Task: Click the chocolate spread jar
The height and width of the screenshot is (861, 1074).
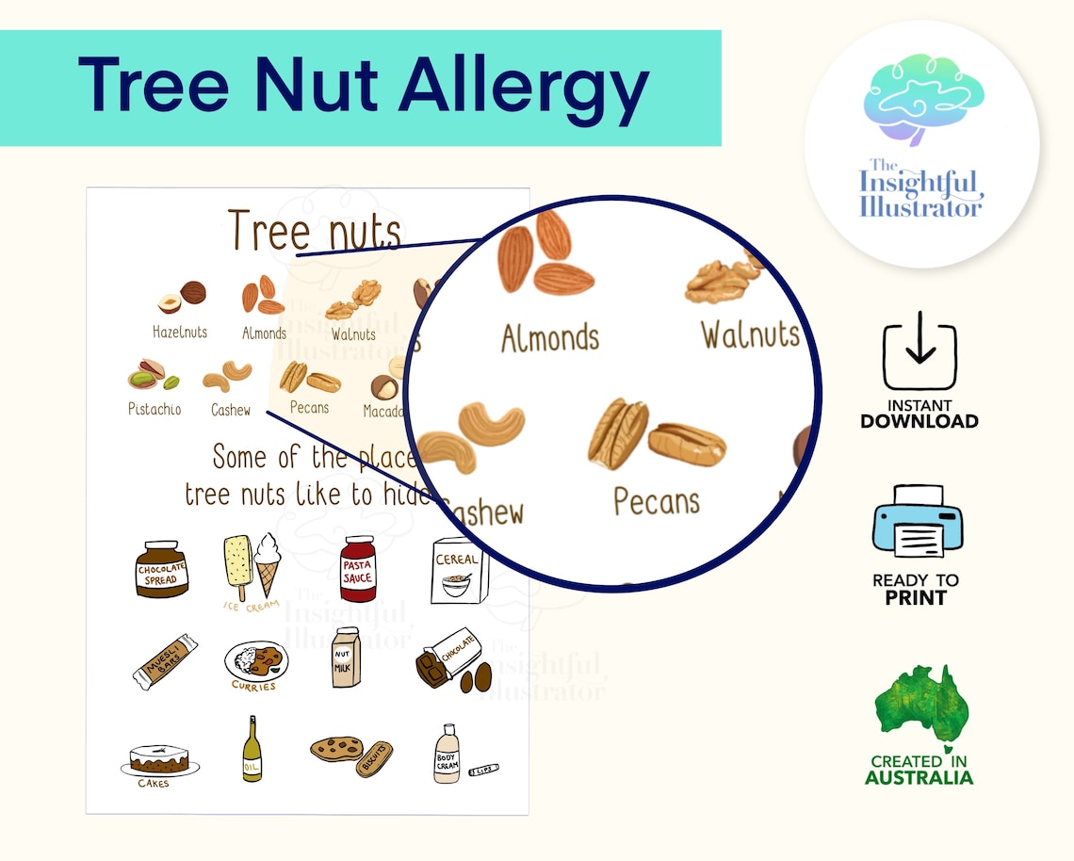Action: click(x=162, y=569)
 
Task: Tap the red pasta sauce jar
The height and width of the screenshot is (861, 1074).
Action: click(x=357, y=568)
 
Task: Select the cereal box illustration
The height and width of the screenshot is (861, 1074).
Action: click(x=458, y=571)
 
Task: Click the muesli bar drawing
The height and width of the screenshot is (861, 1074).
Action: click(x=165, y=660)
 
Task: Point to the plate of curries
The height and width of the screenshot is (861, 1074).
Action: click(x=255, y=660)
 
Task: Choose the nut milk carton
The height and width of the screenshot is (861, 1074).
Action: click(x=346, y=658)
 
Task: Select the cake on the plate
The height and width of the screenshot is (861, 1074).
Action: click(x=159, y=759)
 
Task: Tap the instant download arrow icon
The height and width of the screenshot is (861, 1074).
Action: click(x=919, y=355)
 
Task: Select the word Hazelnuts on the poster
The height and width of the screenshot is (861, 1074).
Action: click(x=180, y=333)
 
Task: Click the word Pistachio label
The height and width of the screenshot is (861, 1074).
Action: click(x=155, y=410)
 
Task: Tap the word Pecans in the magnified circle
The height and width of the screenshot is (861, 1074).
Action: click(x=657, y=500)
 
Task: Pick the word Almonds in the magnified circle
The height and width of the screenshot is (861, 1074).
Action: click(x=549, y=337)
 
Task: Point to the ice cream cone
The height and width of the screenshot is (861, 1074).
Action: click(x=268, y=562)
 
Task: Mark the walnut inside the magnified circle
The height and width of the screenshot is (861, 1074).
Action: click(x=723, y=280)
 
